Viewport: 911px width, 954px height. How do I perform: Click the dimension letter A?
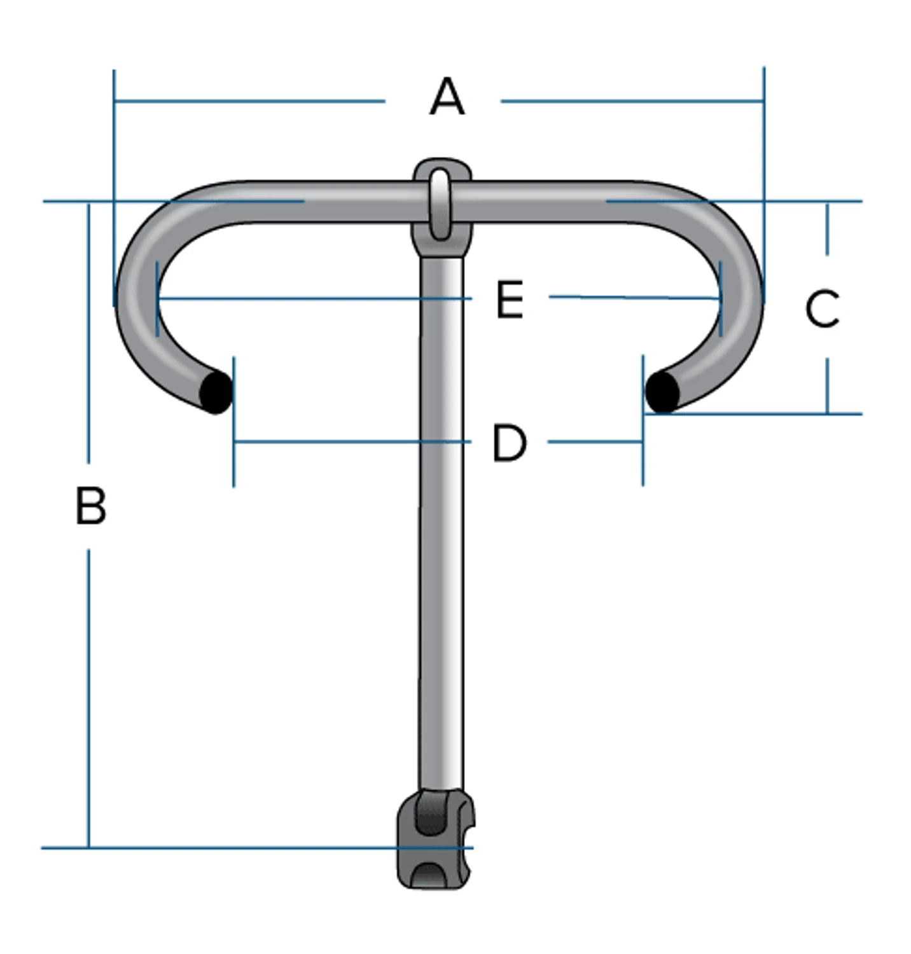(x=447, y=97)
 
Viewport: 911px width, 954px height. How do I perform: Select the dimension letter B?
(x=90, y=506)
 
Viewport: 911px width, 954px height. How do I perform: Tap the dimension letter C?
(x=822, y=308)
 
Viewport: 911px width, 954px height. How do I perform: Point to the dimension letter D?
(x=510, y=443)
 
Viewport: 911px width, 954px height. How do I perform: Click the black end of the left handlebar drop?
(x=216, y=392)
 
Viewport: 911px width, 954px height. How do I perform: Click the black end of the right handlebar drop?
(x=662, y=392)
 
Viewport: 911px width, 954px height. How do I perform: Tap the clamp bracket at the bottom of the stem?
(x=435, y=840)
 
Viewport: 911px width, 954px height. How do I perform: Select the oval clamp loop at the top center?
(x=440, y=202)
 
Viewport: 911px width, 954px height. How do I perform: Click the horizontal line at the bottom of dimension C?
(x=763, y=414)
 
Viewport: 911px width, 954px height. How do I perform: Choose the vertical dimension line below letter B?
(x=88, y=700)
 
